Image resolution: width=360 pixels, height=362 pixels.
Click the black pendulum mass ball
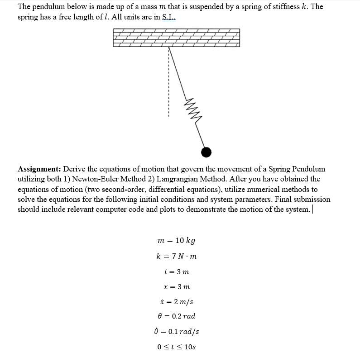point(206,152)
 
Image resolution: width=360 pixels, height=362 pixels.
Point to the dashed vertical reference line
point(169,81)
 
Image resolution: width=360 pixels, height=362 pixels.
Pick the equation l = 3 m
point(177,271)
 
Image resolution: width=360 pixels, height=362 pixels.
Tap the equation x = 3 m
point(177,287)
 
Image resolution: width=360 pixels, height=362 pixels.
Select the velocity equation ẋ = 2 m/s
point(177,302)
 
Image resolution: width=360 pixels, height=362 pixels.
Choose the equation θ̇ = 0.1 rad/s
point(177,332)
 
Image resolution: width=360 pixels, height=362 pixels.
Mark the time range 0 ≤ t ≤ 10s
point(177,347)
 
